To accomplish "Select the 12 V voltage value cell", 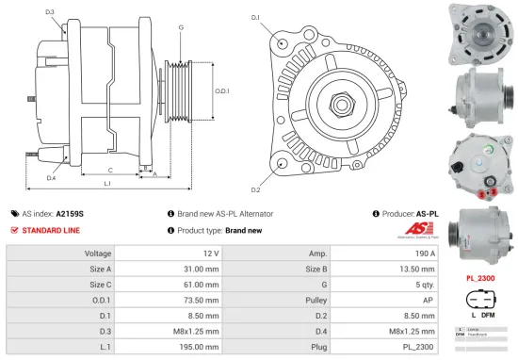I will (210, 254).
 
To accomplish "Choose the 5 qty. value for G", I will (423, 286).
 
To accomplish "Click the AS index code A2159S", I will (70, 214).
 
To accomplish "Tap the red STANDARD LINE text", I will (51, 230).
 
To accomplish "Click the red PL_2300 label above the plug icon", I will (480, 279).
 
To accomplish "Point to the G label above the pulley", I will (180, 27).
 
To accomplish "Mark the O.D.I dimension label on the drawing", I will (222, 90).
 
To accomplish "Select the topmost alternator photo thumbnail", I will (480, 32).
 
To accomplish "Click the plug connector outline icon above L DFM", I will (480, 303).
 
